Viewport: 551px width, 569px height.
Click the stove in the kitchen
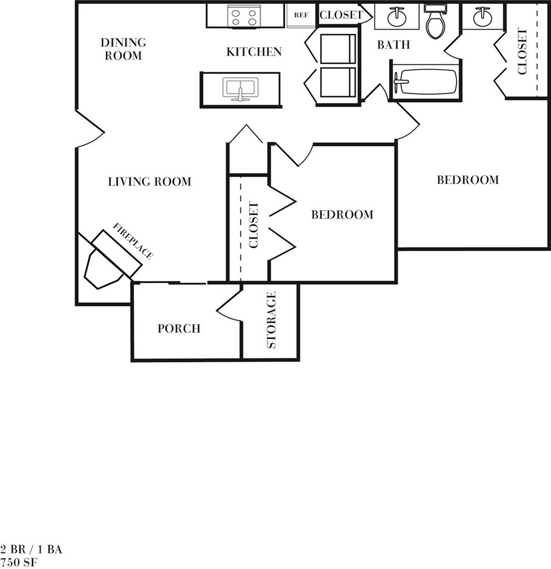(x=244, y=16)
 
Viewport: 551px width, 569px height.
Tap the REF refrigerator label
(x=301, y=15)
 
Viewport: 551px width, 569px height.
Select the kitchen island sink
(x=240, y=88)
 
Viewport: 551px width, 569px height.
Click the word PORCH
(x=178, y=328)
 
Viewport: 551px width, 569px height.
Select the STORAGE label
(x=271, y=320)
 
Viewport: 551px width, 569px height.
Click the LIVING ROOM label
(x=149, y=181)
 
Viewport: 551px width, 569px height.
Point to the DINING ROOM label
(x=123, y=49)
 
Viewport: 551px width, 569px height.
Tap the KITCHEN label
(x=254, y=52)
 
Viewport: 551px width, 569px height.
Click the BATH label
(x=394, y=44)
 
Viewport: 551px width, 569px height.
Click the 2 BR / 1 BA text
(x=31, y=550)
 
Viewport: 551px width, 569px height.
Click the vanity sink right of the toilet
(x=481, y=17)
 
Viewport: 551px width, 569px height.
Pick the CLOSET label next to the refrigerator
(x=341, y=15)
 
